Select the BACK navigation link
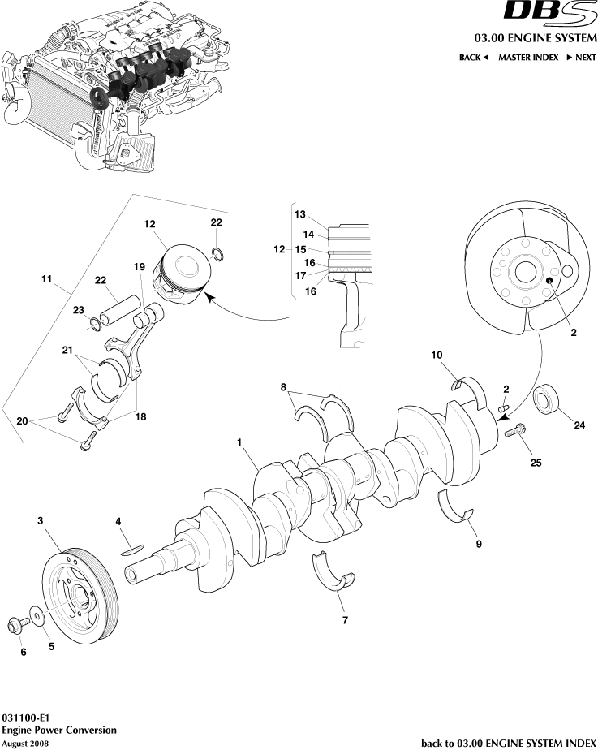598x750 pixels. (x=474, y=58)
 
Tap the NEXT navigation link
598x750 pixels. (x=581, y=58)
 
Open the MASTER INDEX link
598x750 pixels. (x=528, y=58)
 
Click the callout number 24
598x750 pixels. (x=579, y=423)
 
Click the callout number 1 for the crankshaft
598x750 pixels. (x=241, y=442)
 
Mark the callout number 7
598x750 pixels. (x=345, y=621)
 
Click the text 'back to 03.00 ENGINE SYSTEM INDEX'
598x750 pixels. (x=509, y=742)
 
